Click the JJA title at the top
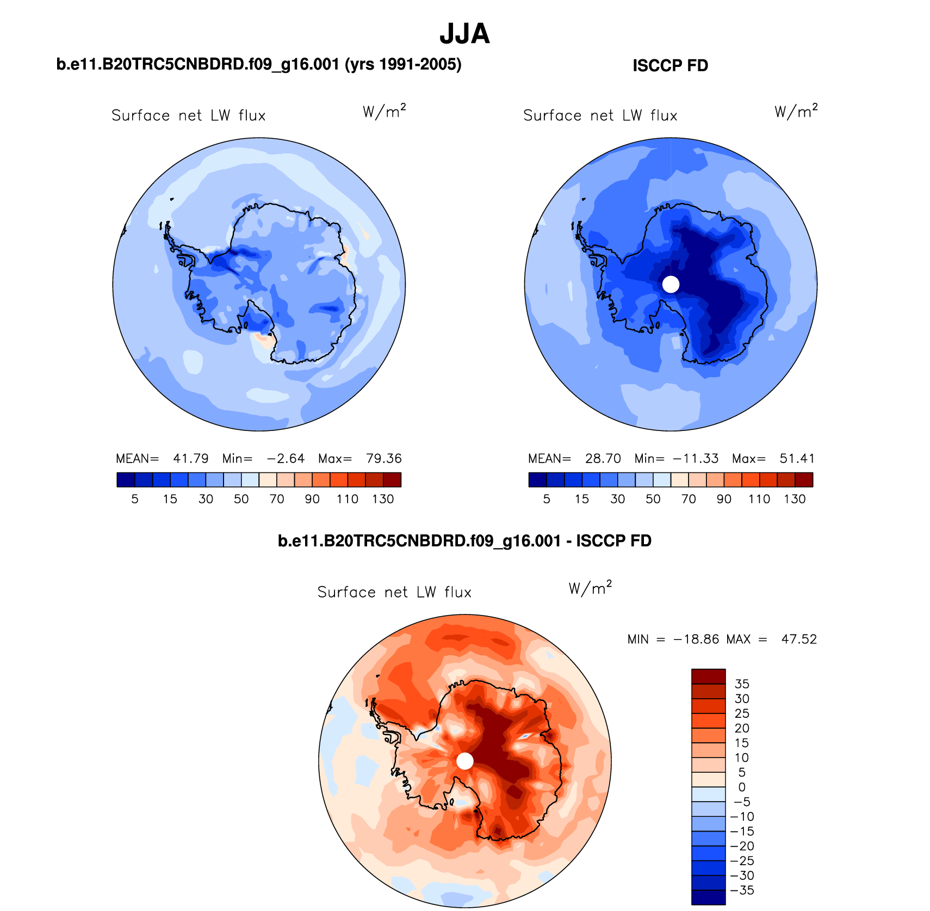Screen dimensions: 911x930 [x=464, y=34]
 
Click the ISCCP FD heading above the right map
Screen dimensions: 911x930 [x=670, y=66]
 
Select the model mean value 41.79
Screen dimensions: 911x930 [x=190, y=459]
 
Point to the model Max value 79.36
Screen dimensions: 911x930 [x=383, y=459]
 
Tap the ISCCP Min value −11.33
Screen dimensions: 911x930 [x=696, y=459]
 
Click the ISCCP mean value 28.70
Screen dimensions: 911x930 [x=603, y=459]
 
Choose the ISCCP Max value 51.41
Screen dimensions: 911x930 [x=797, y=459]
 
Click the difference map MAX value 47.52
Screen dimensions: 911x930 [x=799, y=639]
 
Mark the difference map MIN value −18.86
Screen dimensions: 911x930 [x=697, y=639]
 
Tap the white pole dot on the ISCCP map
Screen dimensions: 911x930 [x=671, y=284]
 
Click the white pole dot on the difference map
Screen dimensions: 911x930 [x=464, y=761]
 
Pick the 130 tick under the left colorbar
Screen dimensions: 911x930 [x=383, y=499]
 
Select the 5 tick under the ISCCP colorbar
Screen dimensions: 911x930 [x=547, y=499]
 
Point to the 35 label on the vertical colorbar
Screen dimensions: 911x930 [x=742, y=684]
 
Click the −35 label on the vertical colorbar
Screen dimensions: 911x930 [x=742, y=890]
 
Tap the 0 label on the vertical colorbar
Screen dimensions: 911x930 [x=742, y=787]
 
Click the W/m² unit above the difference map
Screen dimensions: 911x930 [x=590, y=588]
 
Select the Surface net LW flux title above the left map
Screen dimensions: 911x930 [x=188, y=116]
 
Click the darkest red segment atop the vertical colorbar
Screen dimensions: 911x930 [x=708, y=676]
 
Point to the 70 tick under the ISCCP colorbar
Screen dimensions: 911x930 [x=689, y=499]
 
